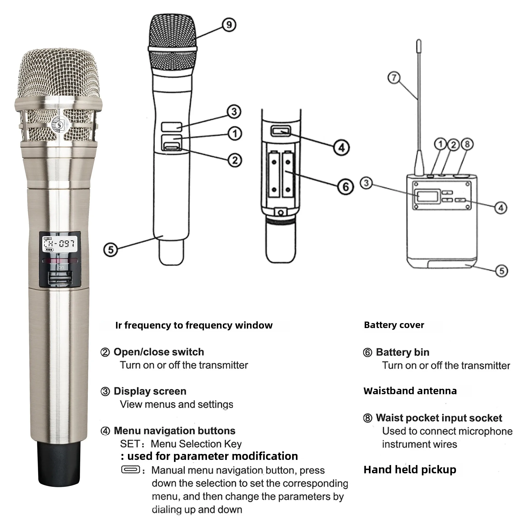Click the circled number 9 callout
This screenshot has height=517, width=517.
[x=229, y=25]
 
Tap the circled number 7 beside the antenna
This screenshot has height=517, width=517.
[x=394, y=78]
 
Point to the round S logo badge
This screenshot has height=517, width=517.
[x=59, y=125]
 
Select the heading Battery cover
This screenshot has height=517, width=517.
[x=394, y=325]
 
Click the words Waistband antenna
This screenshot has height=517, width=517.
[x=410, y=391]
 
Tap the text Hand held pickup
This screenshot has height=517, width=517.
[x=410, y=470]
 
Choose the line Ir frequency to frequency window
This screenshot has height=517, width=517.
[x=194, y=325]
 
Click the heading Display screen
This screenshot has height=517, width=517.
[x=150, y=391]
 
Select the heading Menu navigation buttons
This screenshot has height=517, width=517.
[x=174, y=431]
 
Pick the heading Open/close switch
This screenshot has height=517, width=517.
[x=159, y=352]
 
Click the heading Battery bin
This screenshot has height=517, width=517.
[x=402, y=352]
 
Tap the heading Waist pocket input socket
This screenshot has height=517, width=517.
[x=439, y=418]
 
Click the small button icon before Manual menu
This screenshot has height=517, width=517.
[x=131, y=470]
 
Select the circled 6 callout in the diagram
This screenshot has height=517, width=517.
[x=345, y=187]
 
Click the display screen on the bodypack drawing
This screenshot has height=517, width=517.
[x=427, y=196]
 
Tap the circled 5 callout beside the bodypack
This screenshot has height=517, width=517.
[x=501, y=271]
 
